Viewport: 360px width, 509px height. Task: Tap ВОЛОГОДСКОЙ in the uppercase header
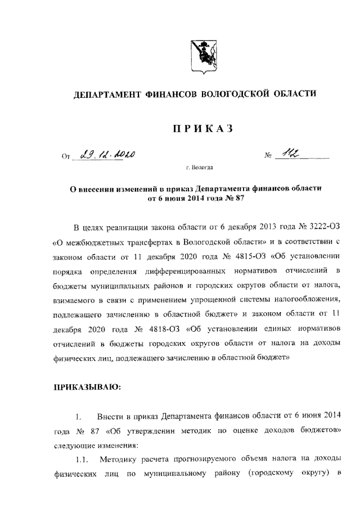pyautogui.click(x=244, y=96)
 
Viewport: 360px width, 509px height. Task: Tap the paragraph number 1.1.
pyautogui.click(x=83, y=461)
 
